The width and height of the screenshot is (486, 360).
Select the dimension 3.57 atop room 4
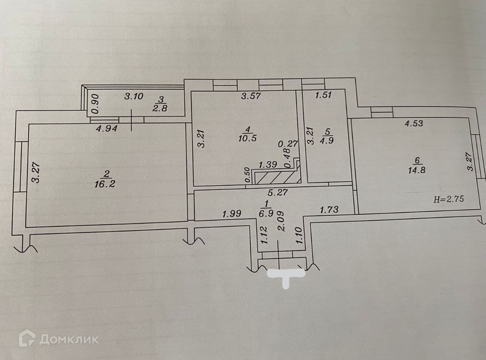pos(252,96)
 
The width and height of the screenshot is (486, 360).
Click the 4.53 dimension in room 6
pos(415,123)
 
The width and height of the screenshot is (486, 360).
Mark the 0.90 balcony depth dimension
pos(96,103)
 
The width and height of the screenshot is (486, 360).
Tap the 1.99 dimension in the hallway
pos(232,213)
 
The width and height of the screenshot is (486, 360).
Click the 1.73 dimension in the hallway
pos(329,210)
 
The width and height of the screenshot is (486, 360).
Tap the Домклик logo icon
pos(27,338)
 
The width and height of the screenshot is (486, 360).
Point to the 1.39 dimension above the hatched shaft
pos(268,165)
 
